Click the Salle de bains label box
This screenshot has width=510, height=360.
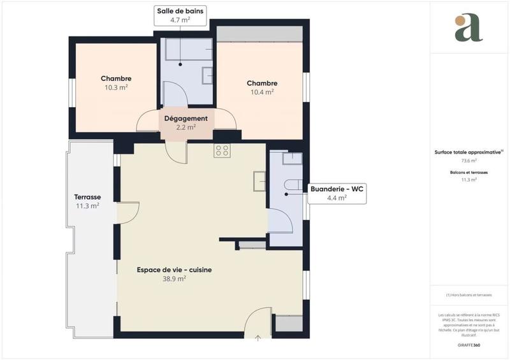click(x=181, y=15)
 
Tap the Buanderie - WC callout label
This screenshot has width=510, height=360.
click(x=337, y=193)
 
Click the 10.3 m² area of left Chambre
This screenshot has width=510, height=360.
click(x=116, y=87)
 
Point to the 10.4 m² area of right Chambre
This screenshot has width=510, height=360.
click(x=262, y=92)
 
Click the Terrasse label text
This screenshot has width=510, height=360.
click(x=87, y=197)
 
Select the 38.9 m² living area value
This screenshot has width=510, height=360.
click(x=174, y=278)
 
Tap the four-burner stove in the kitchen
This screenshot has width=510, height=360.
click(x=222, y=150)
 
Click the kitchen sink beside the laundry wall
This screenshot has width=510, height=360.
click(x=259, y=181)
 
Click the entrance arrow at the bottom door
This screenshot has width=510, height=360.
click(x=258, y=338)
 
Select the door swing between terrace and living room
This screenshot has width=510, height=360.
click(x=128, y=212)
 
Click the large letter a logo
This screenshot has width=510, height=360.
click(x=469, y=28)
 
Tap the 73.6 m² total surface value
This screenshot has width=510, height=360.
click(x=469, y=161)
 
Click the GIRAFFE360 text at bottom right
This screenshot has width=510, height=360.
click(x=469, y=344)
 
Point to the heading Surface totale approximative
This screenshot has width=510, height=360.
click(x=469, y=152)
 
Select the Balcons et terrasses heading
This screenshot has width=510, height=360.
click(x=469, y=173)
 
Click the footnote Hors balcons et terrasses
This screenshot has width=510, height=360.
click(x=469, y=295)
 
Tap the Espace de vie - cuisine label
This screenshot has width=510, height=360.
click(x=174, y=270)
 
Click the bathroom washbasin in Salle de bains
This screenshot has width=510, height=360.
click(x=208, y=76)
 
